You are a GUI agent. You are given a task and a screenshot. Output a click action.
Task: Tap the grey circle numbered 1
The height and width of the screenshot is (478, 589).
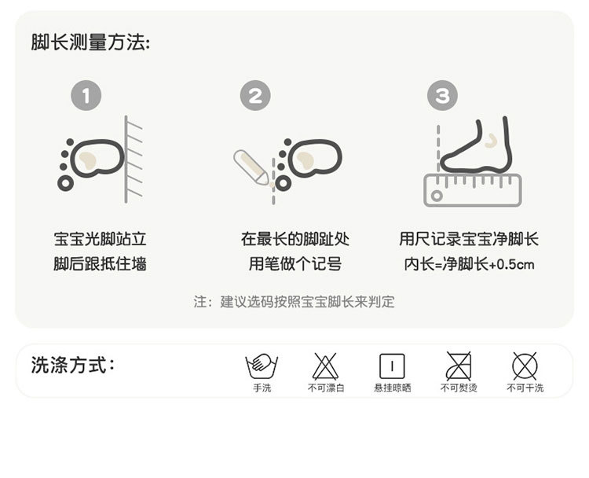86,97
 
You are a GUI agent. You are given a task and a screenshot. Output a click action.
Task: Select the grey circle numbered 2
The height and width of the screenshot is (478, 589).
255,97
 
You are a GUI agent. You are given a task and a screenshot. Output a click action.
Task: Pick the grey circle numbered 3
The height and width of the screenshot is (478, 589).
442,97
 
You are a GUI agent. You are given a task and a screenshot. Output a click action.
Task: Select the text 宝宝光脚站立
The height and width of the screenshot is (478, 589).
100,239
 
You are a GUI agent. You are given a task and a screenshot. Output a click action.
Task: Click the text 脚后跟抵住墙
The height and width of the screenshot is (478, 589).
100,264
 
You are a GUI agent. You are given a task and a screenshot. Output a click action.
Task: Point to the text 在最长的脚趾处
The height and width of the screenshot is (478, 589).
295,239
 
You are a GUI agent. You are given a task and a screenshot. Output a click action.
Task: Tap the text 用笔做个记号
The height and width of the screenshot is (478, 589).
295,264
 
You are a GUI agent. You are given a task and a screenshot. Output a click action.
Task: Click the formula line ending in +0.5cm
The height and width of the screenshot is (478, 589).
469,264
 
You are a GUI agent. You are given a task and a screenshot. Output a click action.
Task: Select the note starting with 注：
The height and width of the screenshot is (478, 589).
294,302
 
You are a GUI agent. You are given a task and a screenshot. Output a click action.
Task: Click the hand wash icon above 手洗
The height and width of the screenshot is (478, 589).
262,366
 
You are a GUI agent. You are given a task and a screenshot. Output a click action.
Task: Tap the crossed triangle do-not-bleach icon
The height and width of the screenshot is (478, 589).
325,366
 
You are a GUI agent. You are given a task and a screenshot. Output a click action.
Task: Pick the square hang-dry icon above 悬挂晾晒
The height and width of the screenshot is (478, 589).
392,366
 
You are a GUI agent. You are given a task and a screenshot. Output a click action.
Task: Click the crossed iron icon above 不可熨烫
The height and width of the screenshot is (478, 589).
459,366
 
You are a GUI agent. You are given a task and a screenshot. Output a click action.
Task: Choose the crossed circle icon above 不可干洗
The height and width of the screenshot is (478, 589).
525,366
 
